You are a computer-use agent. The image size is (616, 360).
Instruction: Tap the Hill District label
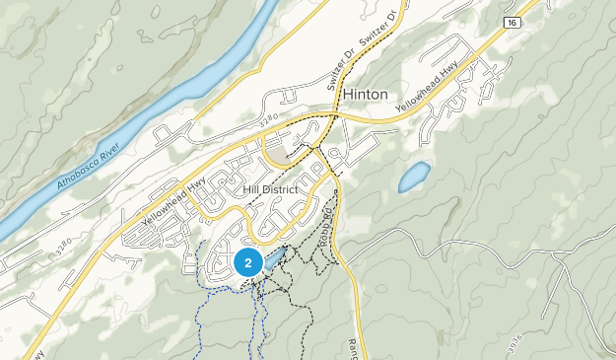click(x=268, y=188)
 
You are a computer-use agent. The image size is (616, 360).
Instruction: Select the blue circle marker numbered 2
click(x=247, y=262)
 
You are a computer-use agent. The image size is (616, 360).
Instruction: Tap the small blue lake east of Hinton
click(x=414, y=178)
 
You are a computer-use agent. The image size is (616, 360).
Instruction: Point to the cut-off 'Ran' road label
click(x=352, y=345)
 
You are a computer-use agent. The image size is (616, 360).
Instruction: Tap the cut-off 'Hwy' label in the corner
click(x=36, y=353)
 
